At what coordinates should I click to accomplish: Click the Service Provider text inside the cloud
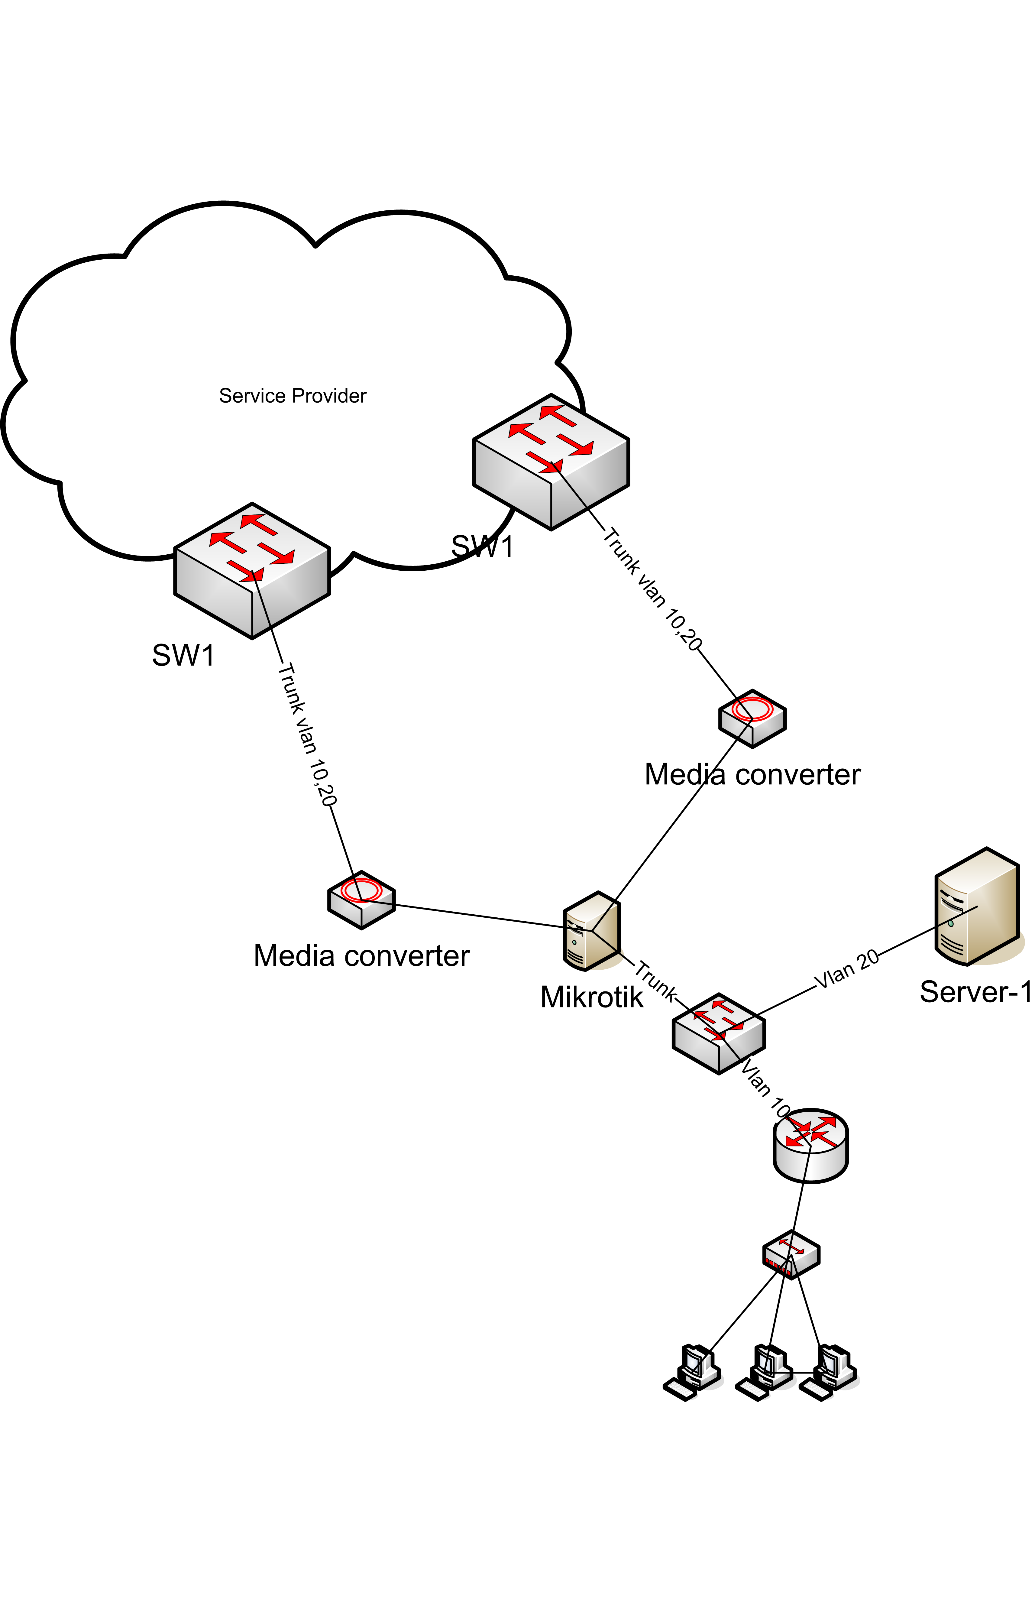click(x=292, y=396)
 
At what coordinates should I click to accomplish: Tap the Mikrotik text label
click(x=591, y=997)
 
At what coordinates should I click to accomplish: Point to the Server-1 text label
click(x=975, y=992)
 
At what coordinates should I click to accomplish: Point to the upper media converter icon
click(x=752, y=718)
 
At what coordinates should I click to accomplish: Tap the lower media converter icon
click(x=361, y=900)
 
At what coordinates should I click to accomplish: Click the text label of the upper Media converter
click(x=752, y=774)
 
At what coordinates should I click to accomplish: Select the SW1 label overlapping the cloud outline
click(x=482, y=546)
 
